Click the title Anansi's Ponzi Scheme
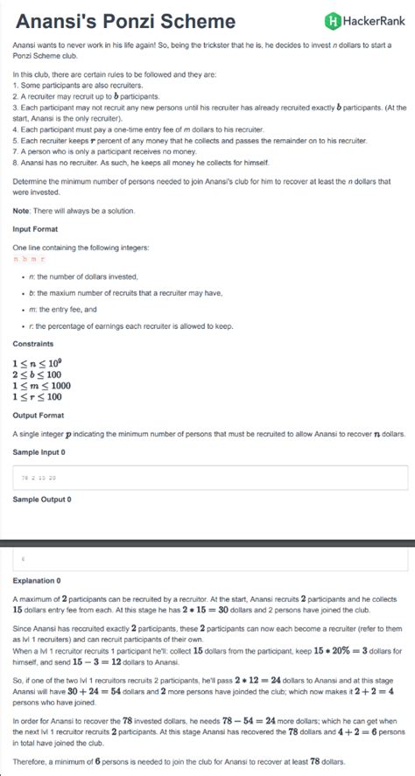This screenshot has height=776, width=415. click(126, 21)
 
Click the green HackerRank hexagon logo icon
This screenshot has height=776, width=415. click(332, 21)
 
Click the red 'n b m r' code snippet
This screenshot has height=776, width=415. click(29, 260)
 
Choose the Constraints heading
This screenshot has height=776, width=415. click(33, 343)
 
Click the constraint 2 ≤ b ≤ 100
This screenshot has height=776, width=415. click(37, 374)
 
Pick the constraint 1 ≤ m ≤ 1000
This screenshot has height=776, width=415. click(41, 385)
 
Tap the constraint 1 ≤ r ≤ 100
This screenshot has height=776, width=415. click(37, 397)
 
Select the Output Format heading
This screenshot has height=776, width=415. click(39, 415)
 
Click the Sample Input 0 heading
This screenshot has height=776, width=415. click(39, 451)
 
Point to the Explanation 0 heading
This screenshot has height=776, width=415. click(37, 580)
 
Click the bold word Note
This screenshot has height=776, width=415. click(21, 209)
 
